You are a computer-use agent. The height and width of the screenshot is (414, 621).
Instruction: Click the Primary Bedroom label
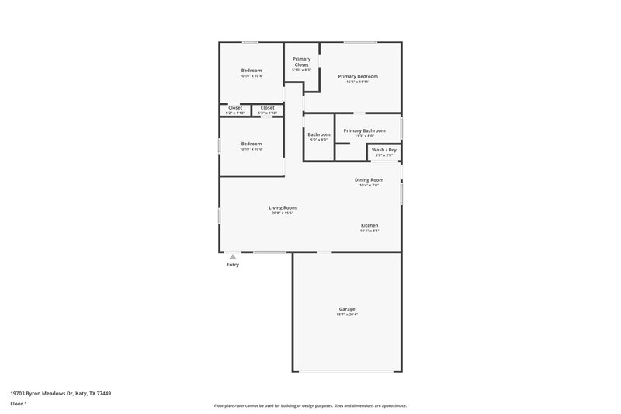[x=358, y=76]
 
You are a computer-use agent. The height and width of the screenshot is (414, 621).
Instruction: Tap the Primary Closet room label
[x=301, y=62]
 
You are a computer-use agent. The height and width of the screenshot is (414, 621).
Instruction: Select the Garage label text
[x=346, y=309]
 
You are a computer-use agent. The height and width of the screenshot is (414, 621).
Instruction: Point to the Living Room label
[x=283, y=207]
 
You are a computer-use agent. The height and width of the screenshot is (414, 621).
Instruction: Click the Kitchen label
[x=369, y=225]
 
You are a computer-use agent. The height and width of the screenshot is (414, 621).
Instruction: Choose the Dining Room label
[x=369, y=179]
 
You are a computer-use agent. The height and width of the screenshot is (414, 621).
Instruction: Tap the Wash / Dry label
[x=384, y=149]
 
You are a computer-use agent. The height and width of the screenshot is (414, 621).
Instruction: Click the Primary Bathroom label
[x=364, y=130]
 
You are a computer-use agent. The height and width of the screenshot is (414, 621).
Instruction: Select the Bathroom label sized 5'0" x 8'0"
[x=319, y=134]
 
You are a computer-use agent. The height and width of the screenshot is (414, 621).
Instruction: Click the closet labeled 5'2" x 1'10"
[x=235, y=108]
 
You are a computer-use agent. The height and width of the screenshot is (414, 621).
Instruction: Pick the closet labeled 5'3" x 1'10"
[x=267, y=108]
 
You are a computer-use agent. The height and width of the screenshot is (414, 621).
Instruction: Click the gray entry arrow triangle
[x=232, y=256]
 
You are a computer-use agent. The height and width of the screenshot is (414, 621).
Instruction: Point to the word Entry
[x=233, y=265]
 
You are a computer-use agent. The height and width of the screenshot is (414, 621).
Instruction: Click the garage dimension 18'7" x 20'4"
[x=346, y=315]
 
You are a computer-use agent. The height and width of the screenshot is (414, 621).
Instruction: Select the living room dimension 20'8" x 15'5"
[x=283, y=213]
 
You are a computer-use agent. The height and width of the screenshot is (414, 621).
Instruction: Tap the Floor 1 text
[x=19, y=405]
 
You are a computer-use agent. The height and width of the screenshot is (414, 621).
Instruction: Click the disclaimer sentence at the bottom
[x=310, y=405]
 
